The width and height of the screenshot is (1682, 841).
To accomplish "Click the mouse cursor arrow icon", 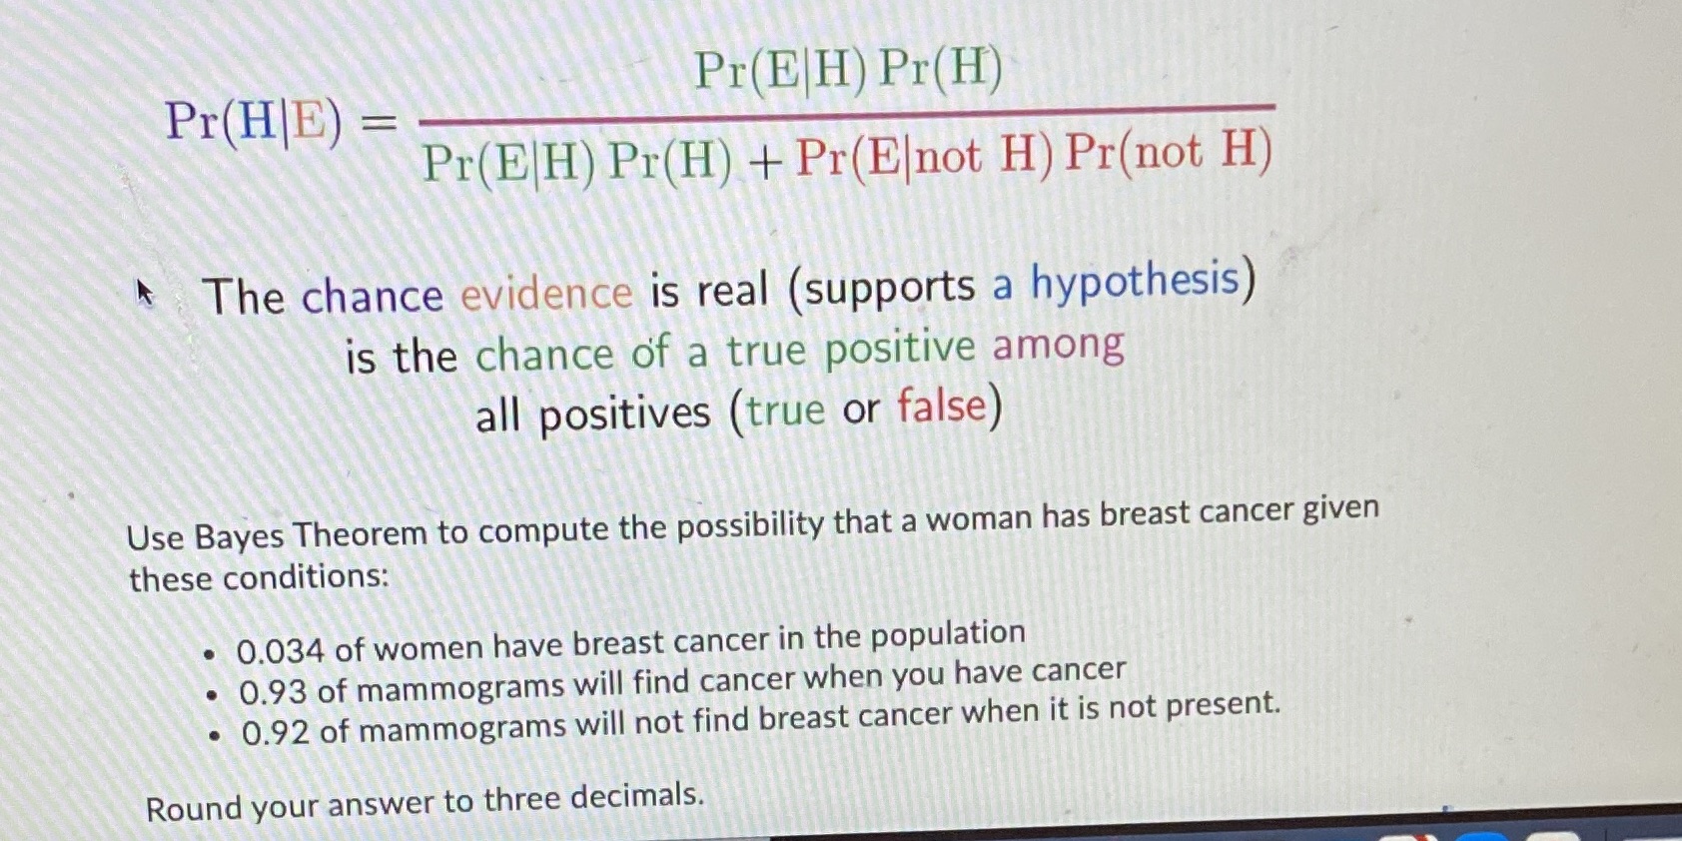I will (x=146, y=293).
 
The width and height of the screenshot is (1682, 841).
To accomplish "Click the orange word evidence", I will (x=546, y=294).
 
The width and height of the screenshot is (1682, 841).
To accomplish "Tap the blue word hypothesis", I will (x=1135, y=281).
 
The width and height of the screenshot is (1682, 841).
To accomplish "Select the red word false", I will (x=941, y=407).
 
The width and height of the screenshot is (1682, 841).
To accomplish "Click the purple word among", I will (x=1058, y=346).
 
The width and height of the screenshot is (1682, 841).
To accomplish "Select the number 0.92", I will (x=276, y=733).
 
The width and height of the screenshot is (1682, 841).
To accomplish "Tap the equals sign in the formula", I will (x=378, y=124).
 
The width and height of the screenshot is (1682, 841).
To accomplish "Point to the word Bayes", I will (x=240, y=536).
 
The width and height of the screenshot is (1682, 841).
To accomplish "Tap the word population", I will (x=948, y=633).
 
